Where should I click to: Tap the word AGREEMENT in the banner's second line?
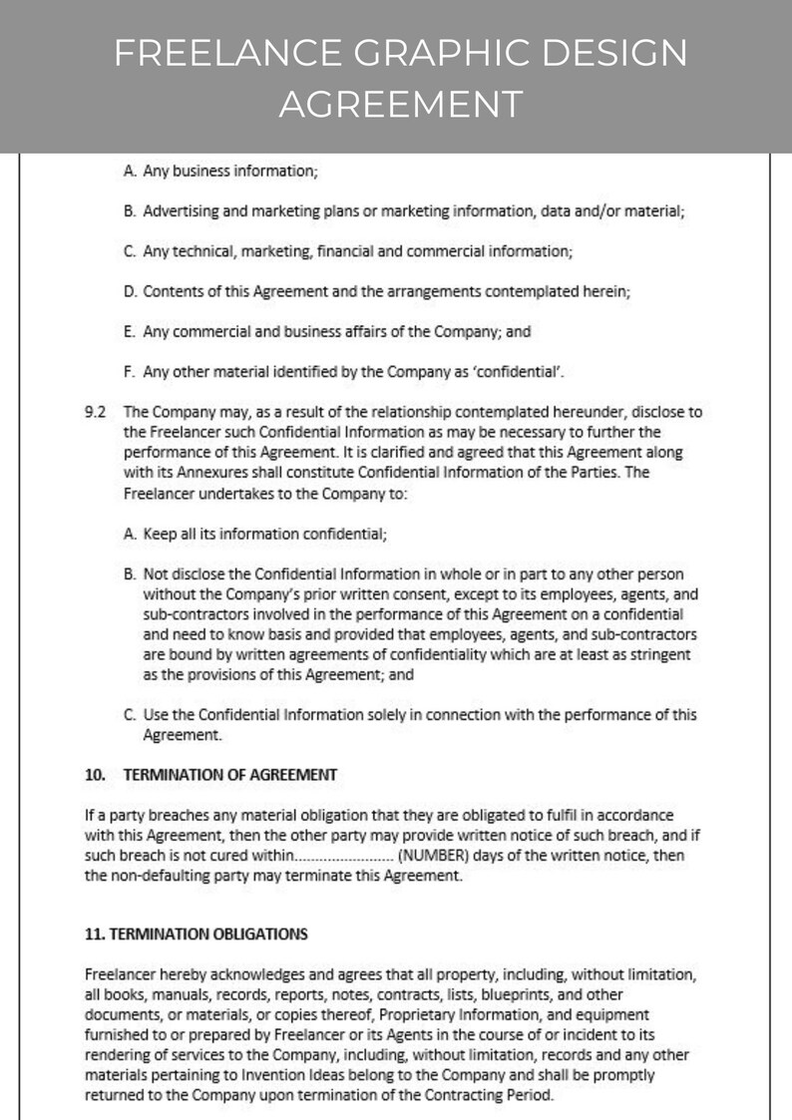[x=400, y=103]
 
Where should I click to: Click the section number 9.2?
[x=96, y=411]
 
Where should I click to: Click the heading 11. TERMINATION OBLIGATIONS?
[x=197, y=933]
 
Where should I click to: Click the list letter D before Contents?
[x=130, y=291]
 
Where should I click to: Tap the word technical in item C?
[x=199, y=251]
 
